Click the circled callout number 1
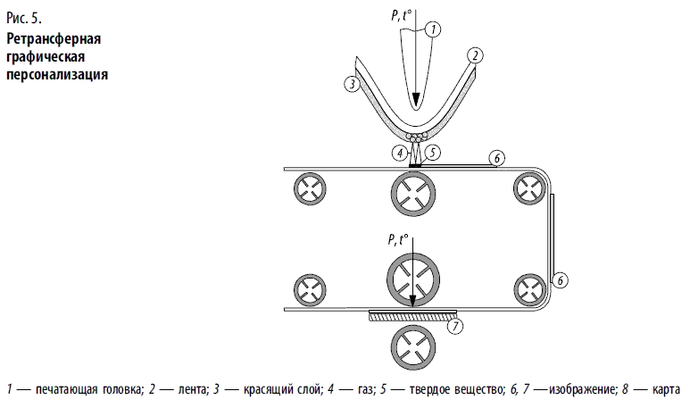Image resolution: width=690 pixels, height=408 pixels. [x=433, y=29]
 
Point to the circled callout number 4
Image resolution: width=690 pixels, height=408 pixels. [x=399, y=152]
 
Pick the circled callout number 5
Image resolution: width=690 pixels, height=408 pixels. [x=433, y=152]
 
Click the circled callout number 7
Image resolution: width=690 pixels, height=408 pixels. [x=454, y=326]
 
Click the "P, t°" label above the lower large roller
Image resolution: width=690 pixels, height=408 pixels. [x=398, y=238]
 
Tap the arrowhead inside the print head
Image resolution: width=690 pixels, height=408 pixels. [x=414, y=100]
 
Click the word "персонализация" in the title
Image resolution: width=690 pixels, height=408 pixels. [x=57, y=75]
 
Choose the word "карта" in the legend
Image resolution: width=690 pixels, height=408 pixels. [x=667, y=389]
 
